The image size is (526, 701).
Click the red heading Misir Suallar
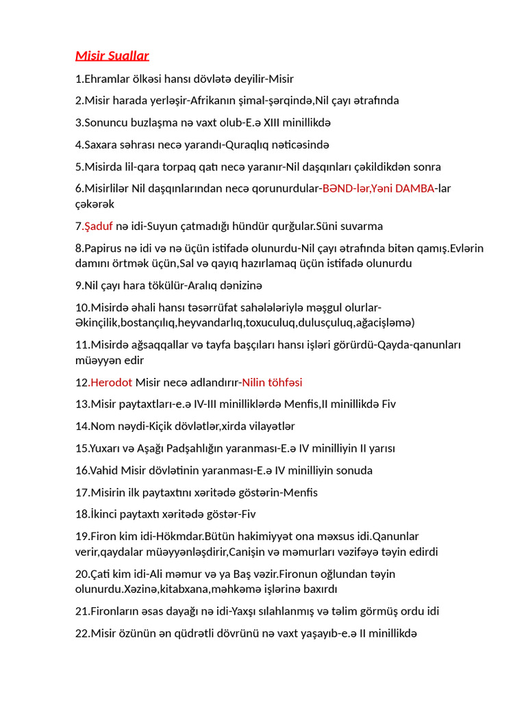pyautogui.click(x=112, y=55)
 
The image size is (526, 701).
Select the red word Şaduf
pyautogui.click(x=98, y=226)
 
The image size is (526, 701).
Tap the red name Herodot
pyautogui.click(x=112, y=382)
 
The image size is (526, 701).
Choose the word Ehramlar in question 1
pyautogui.click(x=105, y=79)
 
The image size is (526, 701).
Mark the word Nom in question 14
pyautogui.click(x=100, y=426)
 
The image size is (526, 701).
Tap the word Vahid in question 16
pyautogui.click(x=103, y=470)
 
